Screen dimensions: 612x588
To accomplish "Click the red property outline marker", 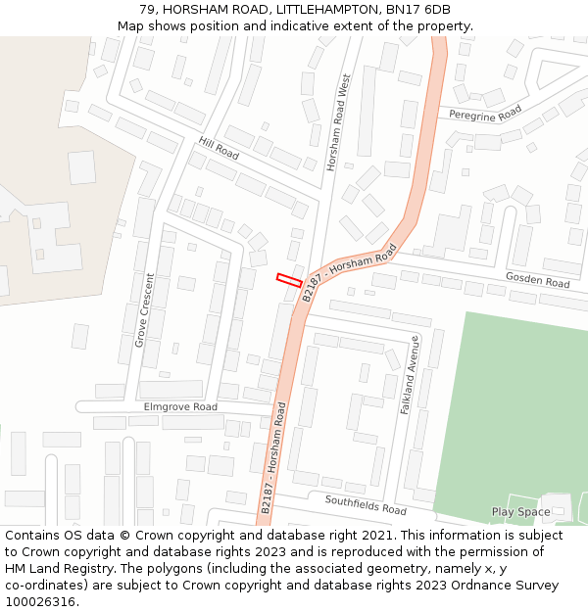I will [288, 279].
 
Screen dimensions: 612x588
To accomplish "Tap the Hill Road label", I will [219, 149].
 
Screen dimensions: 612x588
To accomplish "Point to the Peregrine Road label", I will [485, 115].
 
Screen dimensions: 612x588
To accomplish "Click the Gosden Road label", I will [537, 282].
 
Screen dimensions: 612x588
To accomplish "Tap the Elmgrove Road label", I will [180, 406].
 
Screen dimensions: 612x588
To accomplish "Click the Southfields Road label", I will [366, 504].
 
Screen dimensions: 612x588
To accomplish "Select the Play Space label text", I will [520, 512].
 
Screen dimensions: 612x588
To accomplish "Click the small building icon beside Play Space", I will [558, 511].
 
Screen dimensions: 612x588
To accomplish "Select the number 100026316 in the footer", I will [40, 601].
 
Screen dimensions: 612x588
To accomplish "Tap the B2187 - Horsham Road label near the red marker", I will [349, 271].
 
